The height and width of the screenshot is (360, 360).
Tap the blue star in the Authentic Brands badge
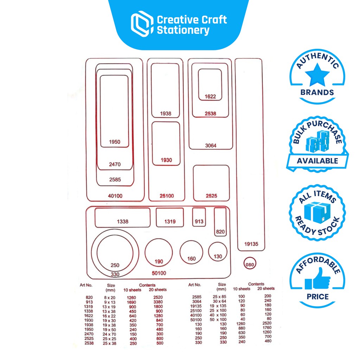317,75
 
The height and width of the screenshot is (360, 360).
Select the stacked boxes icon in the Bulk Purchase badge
317,141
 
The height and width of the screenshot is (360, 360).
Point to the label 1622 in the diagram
210,96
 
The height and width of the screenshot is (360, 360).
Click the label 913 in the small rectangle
199,221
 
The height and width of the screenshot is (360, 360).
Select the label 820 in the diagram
220,232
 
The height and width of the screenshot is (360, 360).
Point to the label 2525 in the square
211,196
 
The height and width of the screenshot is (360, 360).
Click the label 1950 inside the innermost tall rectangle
115,142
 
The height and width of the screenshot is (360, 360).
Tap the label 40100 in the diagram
115,196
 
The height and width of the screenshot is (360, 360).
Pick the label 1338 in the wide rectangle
122,221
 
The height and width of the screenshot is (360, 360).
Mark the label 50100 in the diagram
159,273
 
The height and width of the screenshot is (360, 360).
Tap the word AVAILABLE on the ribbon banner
317,161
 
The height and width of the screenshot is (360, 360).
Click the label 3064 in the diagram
211,145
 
